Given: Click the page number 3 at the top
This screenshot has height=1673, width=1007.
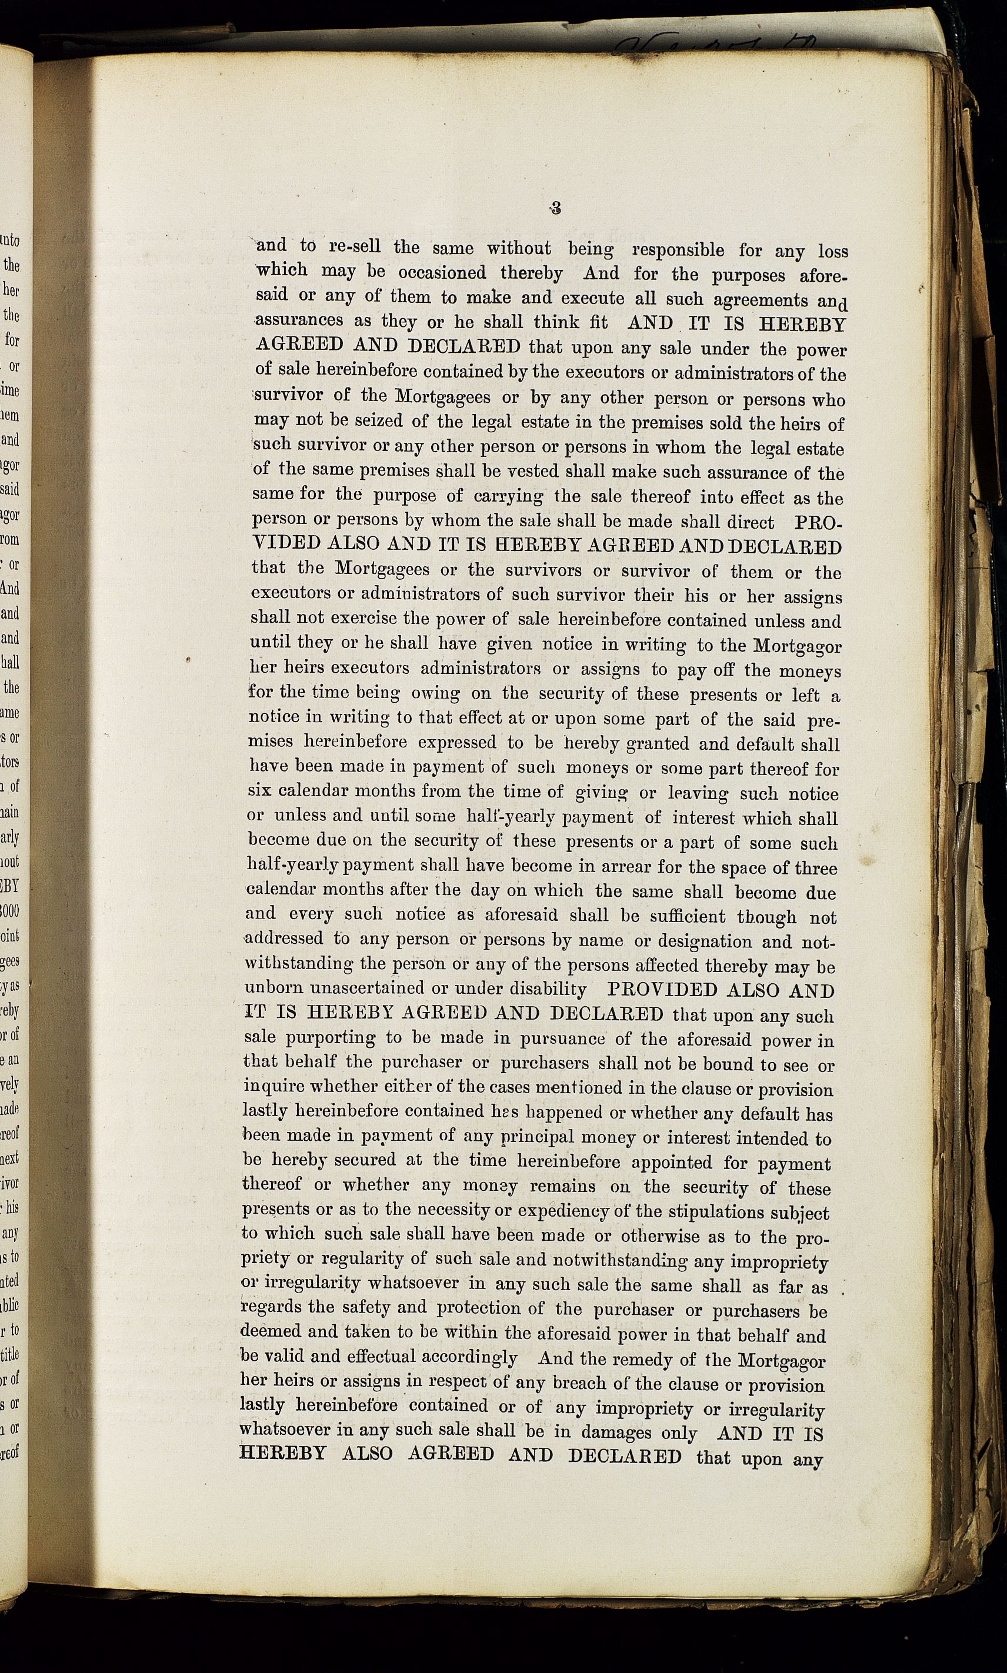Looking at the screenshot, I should [556, 209].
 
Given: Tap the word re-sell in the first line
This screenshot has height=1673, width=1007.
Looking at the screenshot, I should [355, 246].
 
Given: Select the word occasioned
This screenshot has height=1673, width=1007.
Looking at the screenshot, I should [442, 272].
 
